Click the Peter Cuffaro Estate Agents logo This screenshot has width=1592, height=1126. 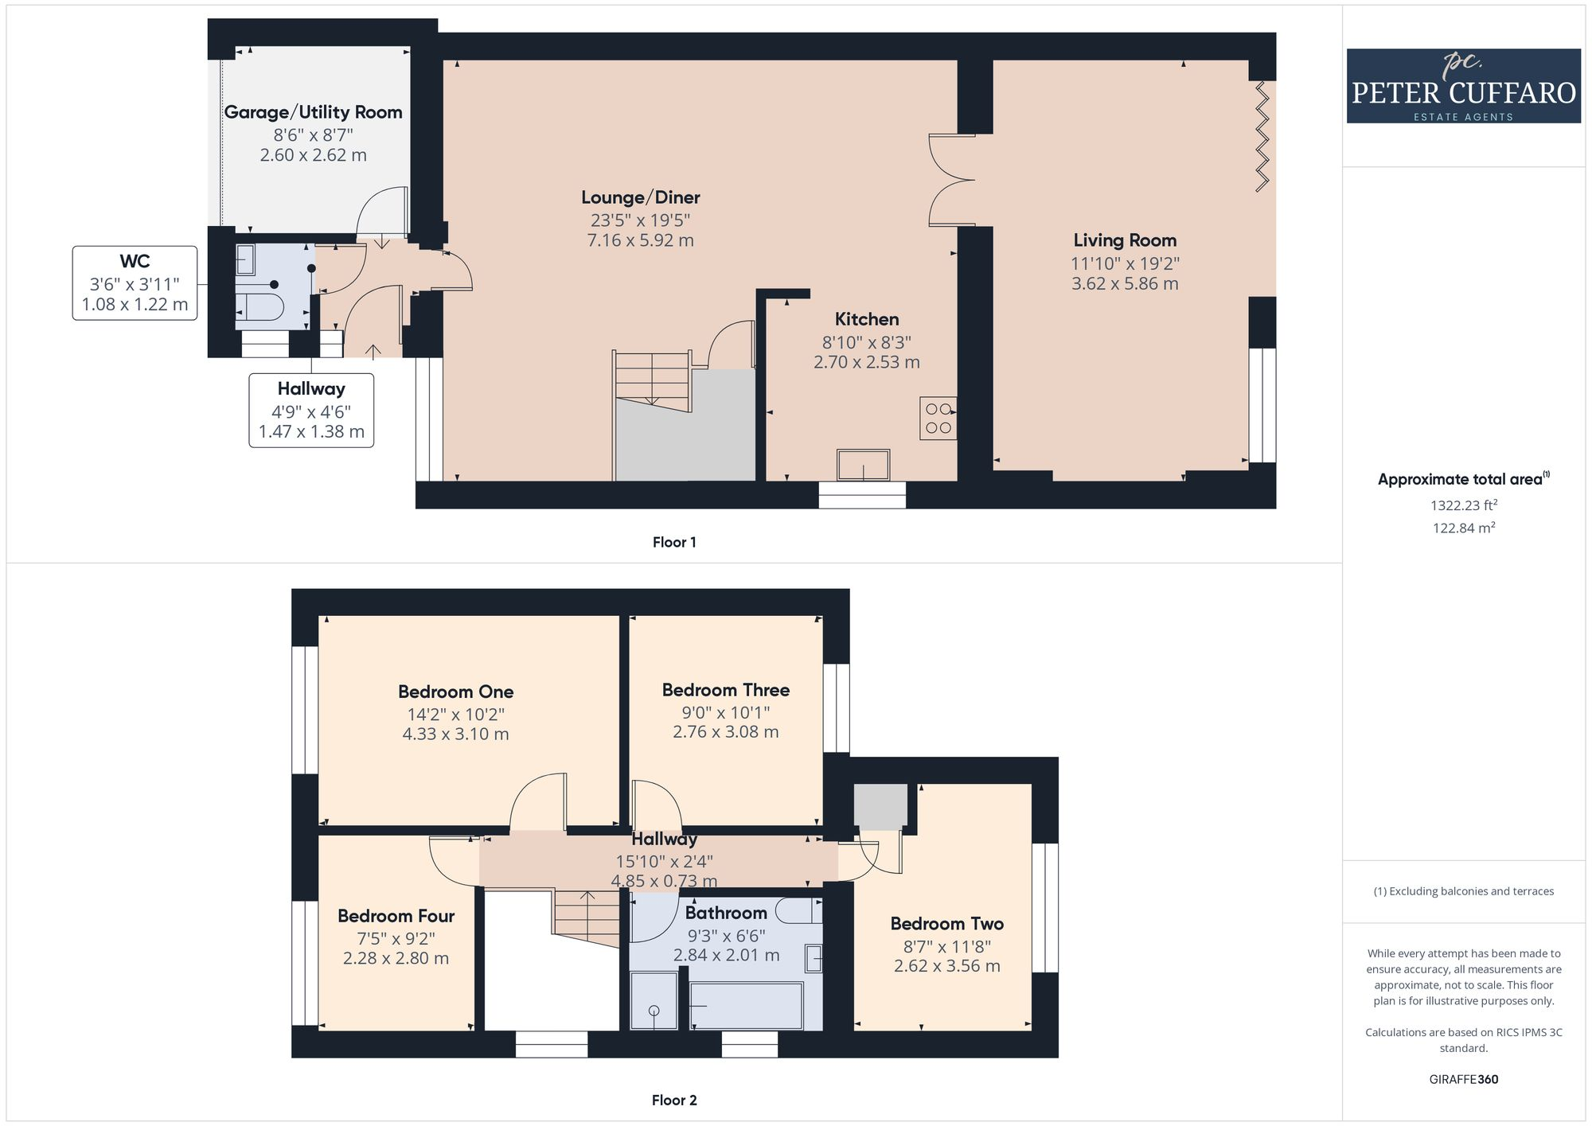(x=1463, y=86)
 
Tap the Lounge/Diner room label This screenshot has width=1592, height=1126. (x=640, y=197)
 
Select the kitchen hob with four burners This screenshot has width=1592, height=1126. (x=938, y=419)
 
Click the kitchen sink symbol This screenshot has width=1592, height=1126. (x=863, y=466)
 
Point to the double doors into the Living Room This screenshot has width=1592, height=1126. (x=949, y=181)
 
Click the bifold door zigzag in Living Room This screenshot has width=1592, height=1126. (x=1262, y=137)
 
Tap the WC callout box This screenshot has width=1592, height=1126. (x=135, y=283)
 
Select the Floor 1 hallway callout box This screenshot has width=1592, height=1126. (x=311, y=410)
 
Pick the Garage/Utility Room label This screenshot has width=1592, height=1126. (x=313, y=112)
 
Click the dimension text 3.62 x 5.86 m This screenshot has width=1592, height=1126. (x=1124, y=284)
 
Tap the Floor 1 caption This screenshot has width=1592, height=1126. (x=674, y=543)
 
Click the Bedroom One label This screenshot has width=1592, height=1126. (x=455, y=692)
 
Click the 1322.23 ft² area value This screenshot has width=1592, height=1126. (x=1463, y=505)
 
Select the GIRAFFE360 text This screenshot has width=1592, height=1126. (x=1463, y=1080)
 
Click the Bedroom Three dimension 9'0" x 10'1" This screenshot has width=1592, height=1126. (x=725, y=713)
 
